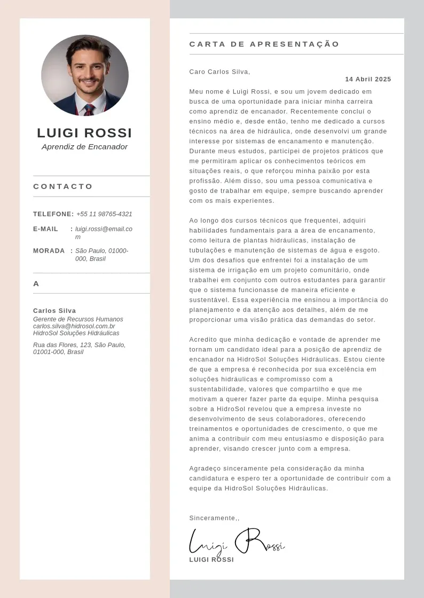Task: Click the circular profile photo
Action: pos(85,75)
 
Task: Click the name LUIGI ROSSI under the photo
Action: pos(84,133)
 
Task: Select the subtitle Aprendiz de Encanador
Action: pos(84,147)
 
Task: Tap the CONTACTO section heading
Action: pos(63,186)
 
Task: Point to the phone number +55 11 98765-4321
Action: pos(104,214)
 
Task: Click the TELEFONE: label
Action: pos(53,214)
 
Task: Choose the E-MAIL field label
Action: pos(46,229)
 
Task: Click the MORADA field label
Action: pos(49,251)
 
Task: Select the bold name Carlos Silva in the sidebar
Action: pos(54,311)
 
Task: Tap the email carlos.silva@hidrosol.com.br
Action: pos(74,326)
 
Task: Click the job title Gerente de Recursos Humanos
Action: pos(78,319)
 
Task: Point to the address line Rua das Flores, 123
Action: pos(79,345)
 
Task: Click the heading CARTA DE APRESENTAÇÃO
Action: pos(264,44)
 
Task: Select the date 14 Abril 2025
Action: pos(368,80)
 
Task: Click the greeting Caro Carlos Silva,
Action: pos(219,72)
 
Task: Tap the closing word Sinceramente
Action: pos(213,518)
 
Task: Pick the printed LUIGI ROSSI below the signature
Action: pos(211,560)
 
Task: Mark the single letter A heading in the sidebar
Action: pos(36,284)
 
